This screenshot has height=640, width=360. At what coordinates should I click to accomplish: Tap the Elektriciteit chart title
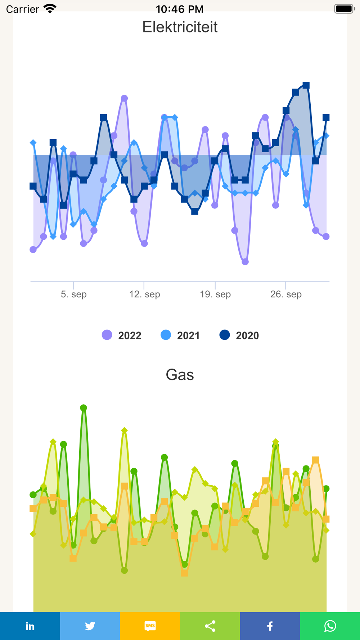(180, 27)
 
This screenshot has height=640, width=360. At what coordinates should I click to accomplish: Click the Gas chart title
(180, 375)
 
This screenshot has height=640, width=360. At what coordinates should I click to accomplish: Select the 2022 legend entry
(122, 335)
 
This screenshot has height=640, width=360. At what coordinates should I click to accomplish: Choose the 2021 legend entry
(180, 335)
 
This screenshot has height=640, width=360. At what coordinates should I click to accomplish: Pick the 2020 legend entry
(239, 335)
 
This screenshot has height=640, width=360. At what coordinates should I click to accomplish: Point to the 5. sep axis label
(73, 294)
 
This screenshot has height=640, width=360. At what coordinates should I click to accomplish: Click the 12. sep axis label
(144, 294)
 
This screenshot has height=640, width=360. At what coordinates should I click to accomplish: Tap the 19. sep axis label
(215, 294)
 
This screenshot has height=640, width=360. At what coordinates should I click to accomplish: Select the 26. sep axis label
(286, 294)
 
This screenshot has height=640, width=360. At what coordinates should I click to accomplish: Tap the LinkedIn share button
(30, 626)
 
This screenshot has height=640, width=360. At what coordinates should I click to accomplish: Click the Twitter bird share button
(90, 626)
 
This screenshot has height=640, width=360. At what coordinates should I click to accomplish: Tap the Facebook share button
(270, 626)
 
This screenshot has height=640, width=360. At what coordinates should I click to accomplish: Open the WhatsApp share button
(330, 626)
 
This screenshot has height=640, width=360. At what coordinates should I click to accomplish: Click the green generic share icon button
(210, 626)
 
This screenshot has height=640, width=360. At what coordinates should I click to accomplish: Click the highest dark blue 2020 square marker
(306, 85)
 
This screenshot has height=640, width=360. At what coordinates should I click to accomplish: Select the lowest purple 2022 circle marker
(245, 262)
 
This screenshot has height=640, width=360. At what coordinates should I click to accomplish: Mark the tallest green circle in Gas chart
(84, 408)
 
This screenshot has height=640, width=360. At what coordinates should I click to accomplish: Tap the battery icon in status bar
(344, 9)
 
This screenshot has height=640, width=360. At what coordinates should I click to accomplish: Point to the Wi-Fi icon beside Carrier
(50, 9)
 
